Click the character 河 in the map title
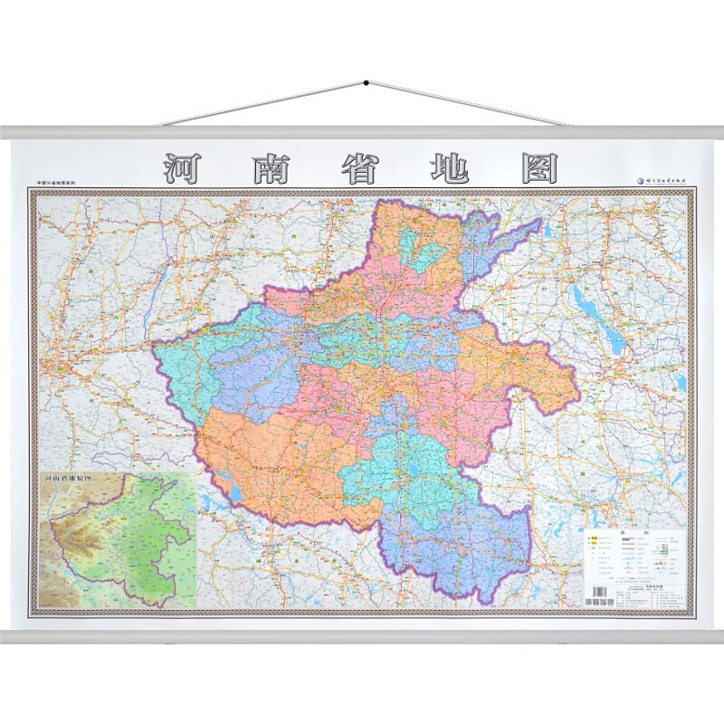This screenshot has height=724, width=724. click(185, 168)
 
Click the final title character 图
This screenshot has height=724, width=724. click(538, 168)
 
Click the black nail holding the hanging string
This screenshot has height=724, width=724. click(366, 84)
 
